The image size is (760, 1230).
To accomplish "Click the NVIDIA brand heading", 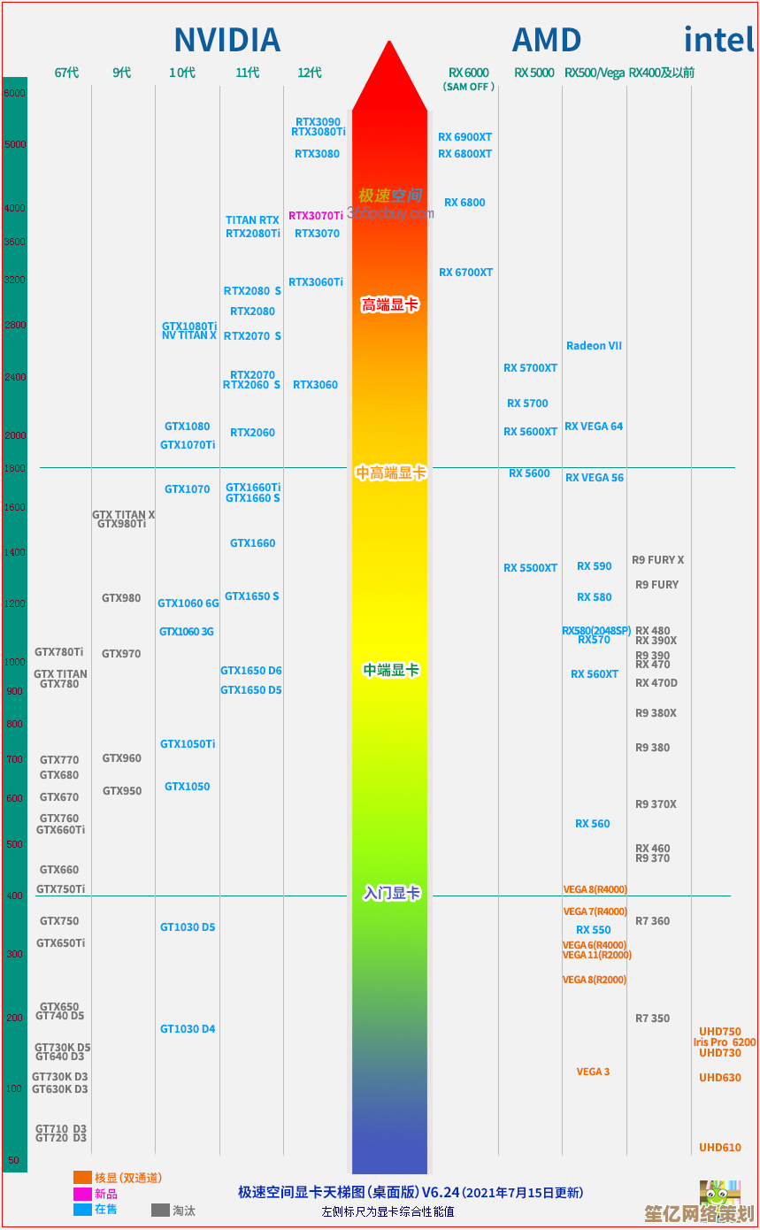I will (226, 41).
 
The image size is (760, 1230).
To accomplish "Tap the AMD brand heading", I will (546, 41).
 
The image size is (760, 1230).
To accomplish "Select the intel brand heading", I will (718, 40).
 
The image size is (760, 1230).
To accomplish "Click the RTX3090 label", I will (318, 122).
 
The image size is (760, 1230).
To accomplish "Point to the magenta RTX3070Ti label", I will (315, 216).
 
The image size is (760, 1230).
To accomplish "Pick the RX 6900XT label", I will (464, 137).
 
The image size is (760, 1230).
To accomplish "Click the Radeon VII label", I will (594, 346).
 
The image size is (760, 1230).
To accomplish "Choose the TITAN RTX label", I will (252, 220).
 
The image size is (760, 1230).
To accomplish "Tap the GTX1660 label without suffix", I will (252, 543).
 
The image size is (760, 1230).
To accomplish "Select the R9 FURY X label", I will (657, 560).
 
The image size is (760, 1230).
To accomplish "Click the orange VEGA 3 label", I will (593, 1072).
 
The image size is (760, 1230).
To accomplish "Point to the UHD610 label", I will (719, 1148).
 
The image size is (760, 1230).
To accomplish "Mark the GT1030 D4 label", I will (188, 1029).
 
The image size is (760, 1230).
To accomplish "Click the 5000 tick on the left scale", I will (15, 144).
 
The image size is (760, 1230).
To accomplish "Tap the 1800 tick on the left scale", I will (15, 468).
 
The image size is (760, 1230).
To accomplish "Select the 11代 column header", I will (248, 73).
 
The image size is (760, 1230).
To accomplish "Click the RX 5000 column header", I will (534, 73).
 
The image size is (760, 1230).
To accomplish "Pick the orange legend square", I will (82, 1178).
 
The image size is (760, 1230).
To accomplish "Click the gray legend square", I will (160, 1210).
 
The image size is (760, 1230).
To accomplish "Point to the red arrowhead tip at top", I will (389, 42).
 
